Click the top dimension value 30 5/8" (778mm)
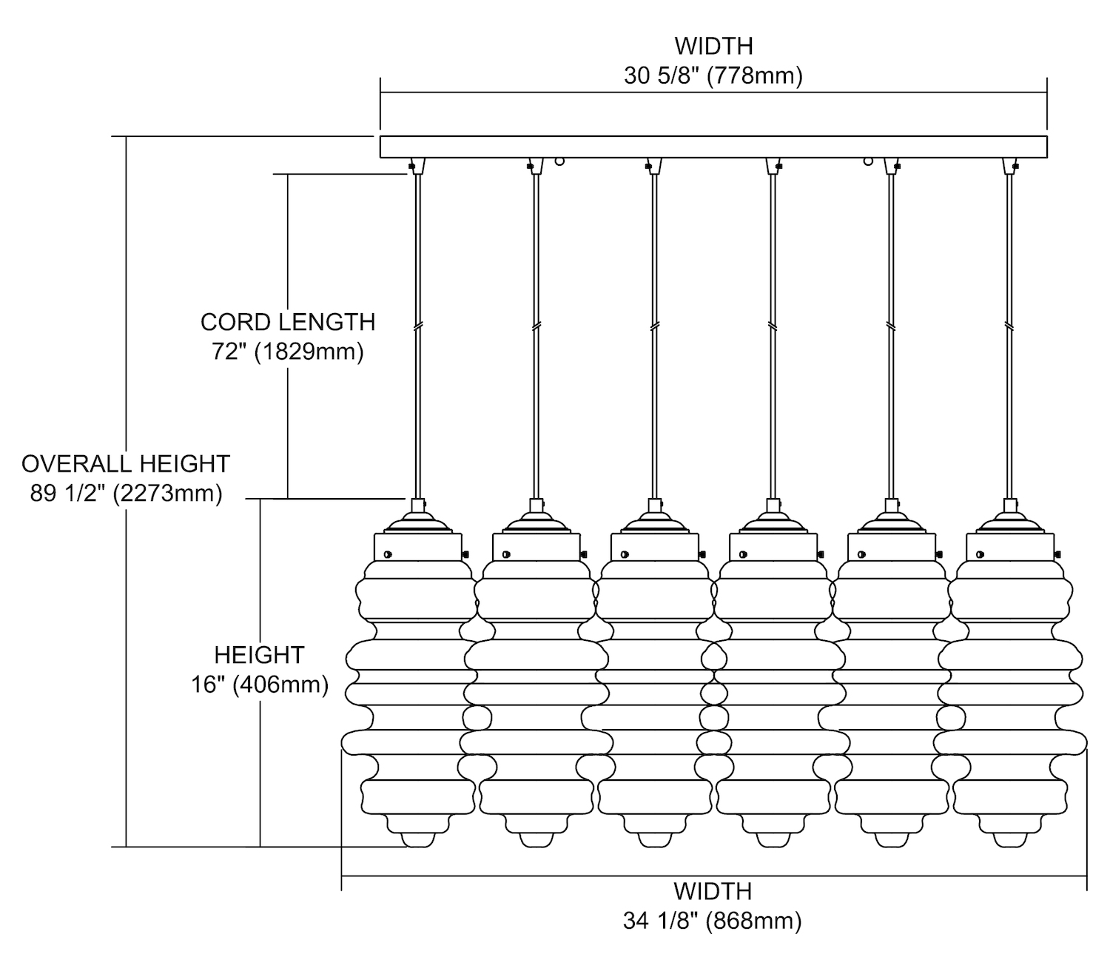point(713,75)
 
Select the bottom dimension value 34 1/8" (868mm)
point(713,921)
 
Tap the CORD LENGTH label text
point(288,322)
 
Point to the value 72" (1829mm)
point(288,352)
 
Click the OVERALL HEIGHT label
point(126,463)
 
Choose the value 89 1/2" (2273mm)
point(126,493)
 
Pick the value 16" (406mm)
point(260,685)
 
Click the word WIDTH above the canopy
point(713,46)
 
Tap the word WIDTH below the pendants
point(713,891)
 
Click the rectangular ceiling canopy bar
point(713,147)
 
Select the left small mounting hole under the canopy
point(559,161)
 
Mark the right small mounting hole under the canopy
point(867,161)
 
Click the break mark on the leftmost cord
point(418,326)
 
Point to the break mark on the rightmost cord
point(1009,326)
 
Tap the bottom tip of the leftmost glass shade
point(417,841)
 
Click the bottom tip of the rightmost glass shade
point(1009,841)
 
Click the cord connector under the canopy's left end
point(417,166)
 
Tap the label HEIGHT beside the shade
point(260,655)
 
